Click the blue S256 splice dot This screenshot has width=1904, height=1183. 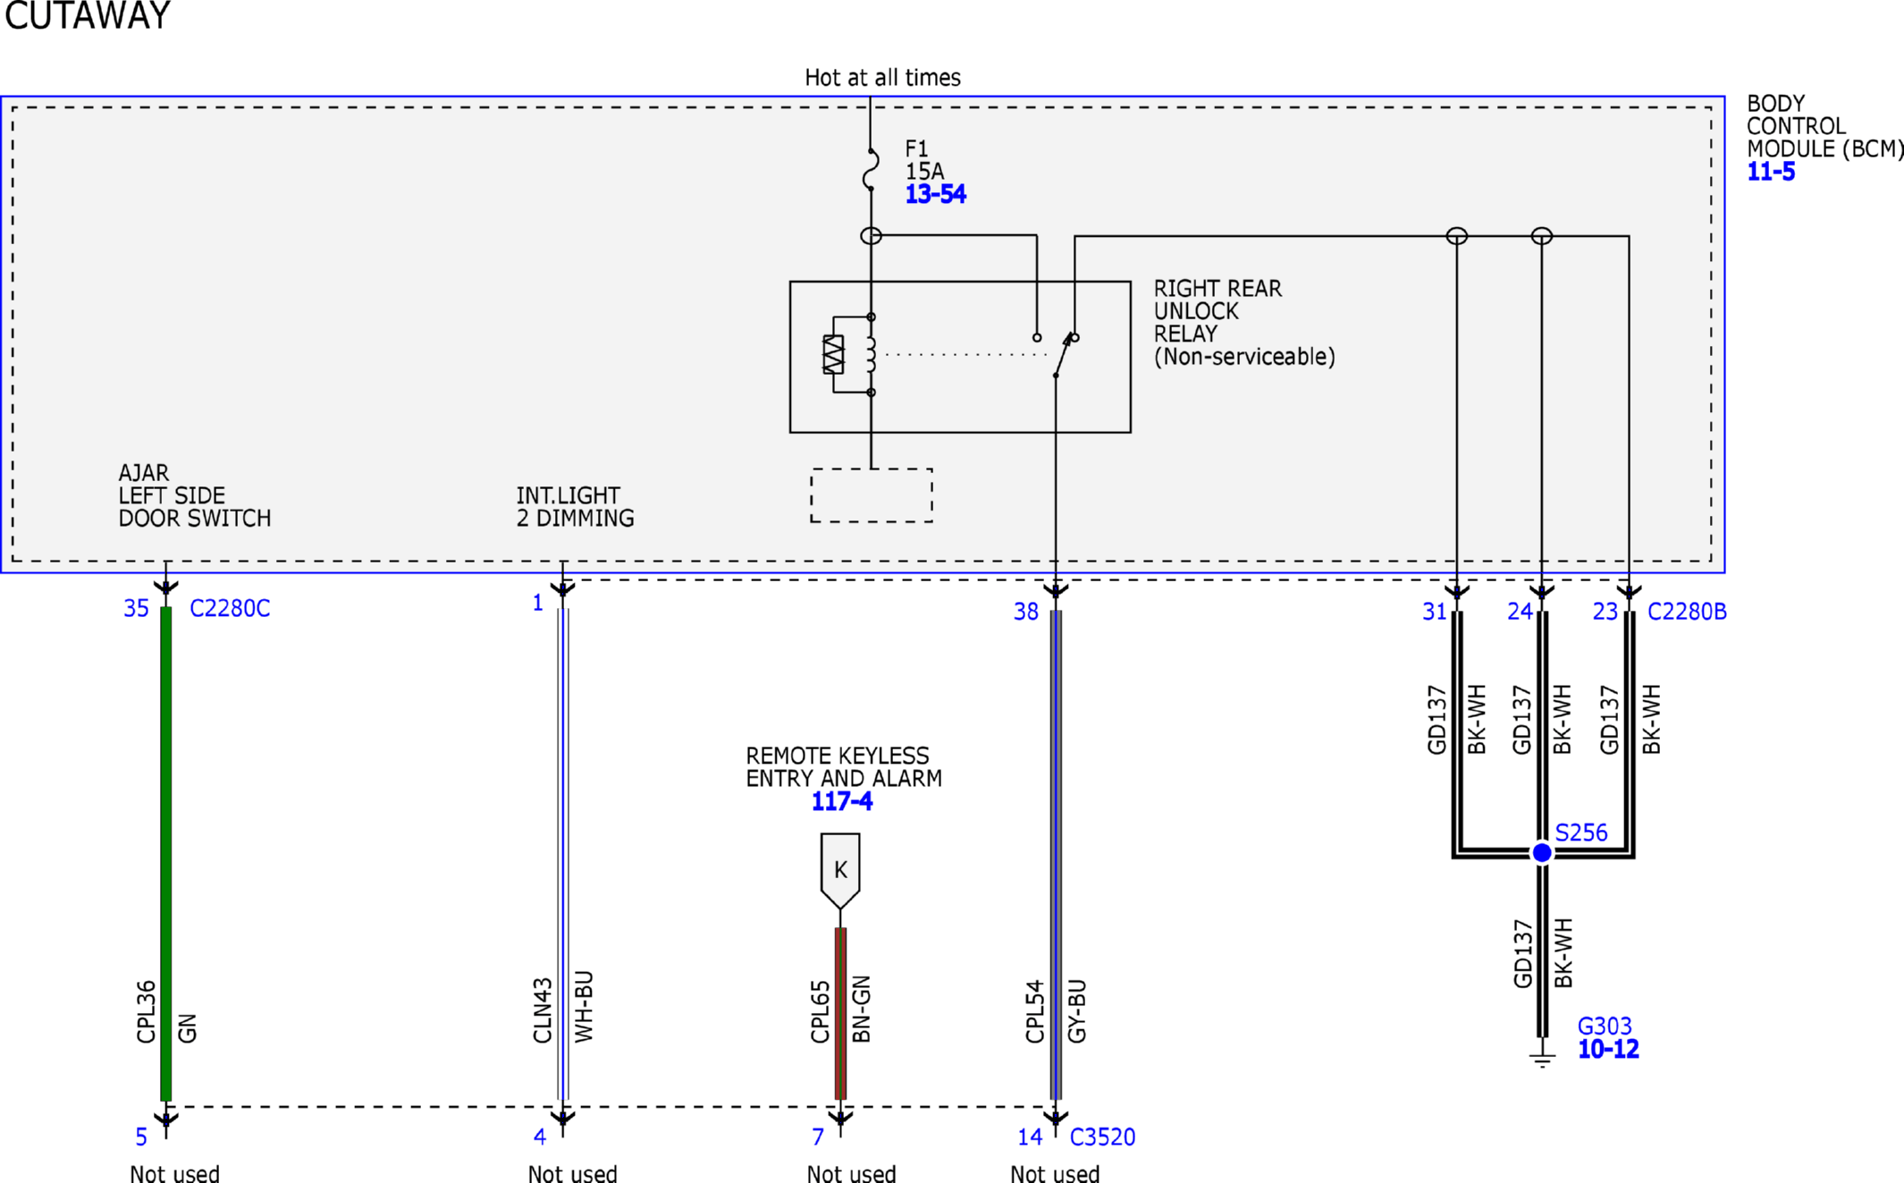[1542, 852]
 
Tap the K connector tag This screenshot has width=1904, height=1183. [840, 870]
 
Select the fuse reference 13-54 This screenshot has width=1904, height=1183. [935, 194]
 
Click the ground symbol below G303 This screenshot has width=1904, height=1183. [1542, 1060]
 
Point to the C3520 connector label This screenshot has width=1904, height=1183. [1102, 1137]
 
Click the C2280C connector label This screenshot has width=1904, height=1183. [230, 608]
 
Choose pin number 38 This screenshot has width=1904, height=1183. [1025, 612]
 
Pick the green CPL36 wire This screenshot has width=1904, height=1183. [165, 854]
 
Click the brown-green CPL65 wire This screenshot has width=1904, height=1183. [840, 1014]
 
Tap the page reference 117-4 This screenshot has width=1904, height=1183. [841, 801]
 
